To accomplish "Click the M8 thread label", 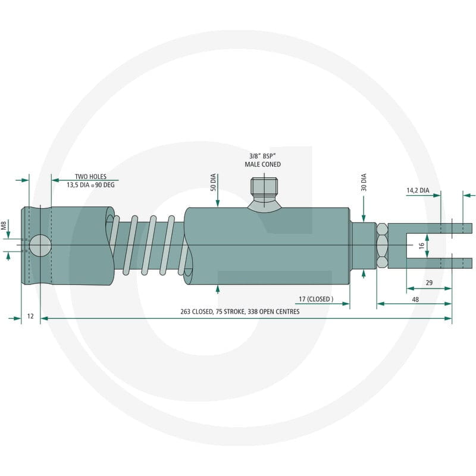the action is [x=4, y=226].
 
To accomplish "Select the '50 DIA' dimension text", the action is [x=213, y=182].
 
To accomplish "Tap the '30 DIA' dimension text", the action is [x=364, y=182].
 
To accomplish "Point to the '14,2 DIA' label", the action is [x=418, y=190].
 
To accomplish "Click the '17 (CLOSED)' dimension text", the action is [x=316, y=299].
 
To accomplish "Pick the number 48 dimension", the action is [x=415, y=299].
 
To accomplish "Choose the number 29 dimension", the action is [x=429, y=283].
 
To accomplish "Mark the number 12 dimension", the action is [x=30, y=316].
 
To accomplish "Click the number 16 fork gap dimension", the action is [x=421, y=246].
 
